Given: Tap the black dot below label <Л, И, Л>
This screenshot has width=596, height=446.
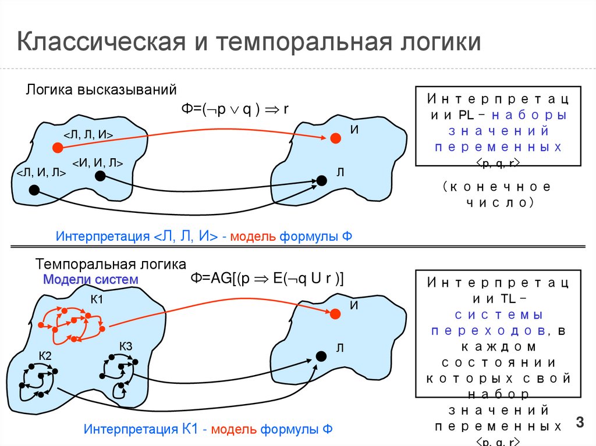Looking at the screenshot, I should click(x=34, y=190).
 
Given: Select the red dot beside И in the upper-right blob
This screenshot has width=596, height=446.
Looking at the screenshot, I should click(x=335, y=138).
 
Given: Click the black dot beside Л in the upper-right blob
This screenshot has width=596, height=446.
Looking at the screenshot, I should click(x=321, y=180).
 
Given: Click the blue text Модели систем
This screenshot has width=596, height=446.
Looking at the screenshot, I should click(x=91, y=279).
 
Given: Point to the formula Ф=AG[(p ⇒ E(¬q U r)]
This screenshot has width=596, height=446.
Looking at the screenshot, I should click(x=268, y=279).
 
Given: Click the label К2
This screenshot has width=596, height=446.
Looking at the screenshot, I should click(x=45, y=355).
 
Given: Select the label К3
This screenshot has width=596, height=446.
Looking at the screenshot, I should click(x=126, y=347).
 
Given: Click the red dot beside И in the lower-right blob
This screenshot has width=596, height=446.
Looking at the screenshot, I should click(x=335, y=314).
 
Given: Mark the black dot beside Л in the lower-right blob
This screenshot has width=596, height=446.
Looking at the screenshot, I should click(x=321, y=356).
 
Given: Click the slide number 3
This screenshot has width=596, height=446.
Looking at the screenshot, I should click(x=579, y=422).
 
